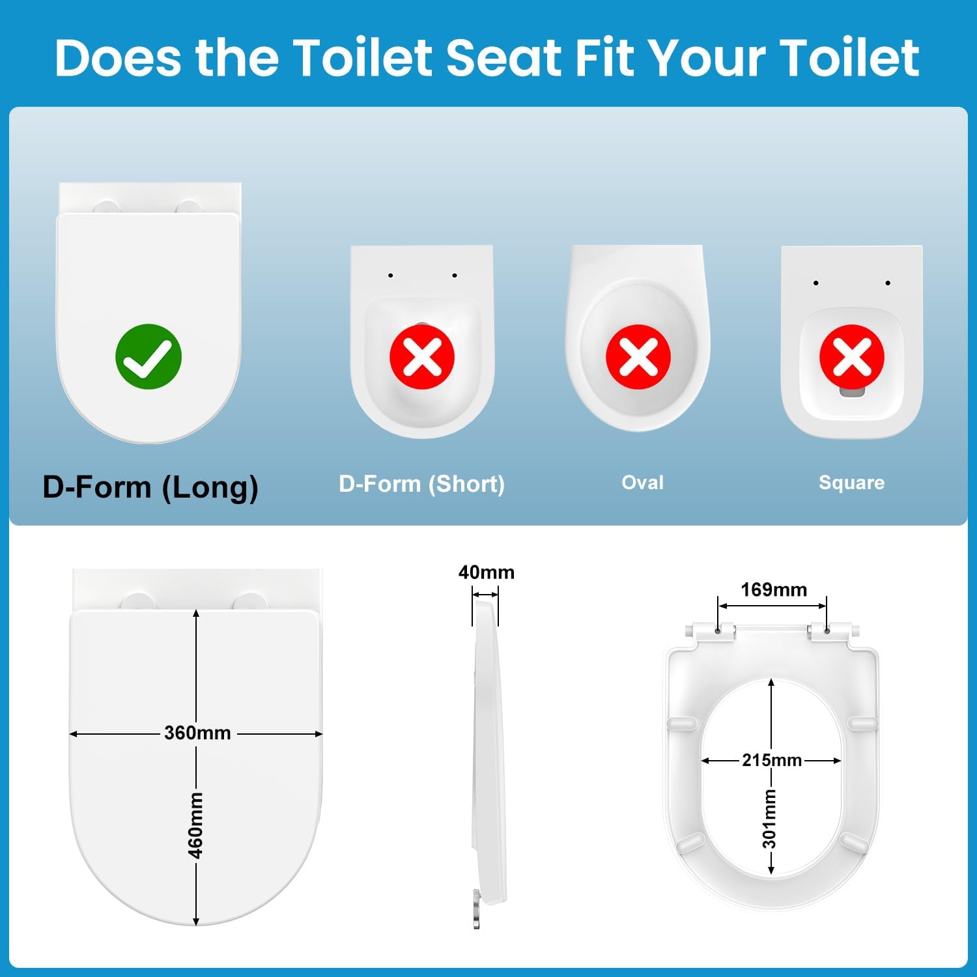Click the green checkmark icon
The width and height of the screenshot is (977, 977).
point(149,356)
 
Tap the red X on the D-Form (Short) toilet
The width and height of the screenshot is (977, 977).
point(422,357)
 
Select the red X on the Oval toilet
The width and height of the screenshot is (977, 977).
point(638,357)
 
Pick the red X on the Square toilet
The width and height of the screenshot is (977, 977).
point(852,357)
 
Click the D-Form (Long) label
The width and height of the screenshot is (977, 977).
point(150,487)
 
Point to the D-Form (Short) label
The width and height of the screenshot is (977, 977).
point(422,484)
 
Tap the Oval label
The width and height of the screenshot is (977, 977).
point(643,483)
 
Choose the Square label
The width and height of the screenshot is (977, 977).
point(852,483)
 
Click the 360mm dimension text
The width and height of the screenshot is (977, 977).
point(197,733)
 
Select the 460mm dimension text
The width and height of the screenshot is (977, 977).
point(195,825)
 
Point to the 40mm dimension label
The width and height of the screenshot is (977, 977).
point(487,572)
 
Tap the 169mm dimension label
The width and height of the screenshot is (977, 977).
point(774,589)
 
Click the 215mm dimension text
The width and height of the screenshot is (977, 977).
point(772,760)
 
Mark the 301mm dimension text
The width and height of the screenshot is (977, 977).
point(770,819)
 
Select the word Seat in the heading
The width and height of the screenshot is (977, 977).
point(505,58)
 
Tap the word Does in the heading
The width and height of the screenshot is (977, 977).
point(118,58)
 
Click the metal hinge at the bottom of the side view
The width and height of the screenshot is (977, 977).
point(477,909)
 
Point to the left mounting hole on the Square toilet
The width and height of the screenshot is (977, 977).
point(815,283)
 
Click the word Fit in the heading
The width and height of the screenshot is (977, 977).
point(605,58)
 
